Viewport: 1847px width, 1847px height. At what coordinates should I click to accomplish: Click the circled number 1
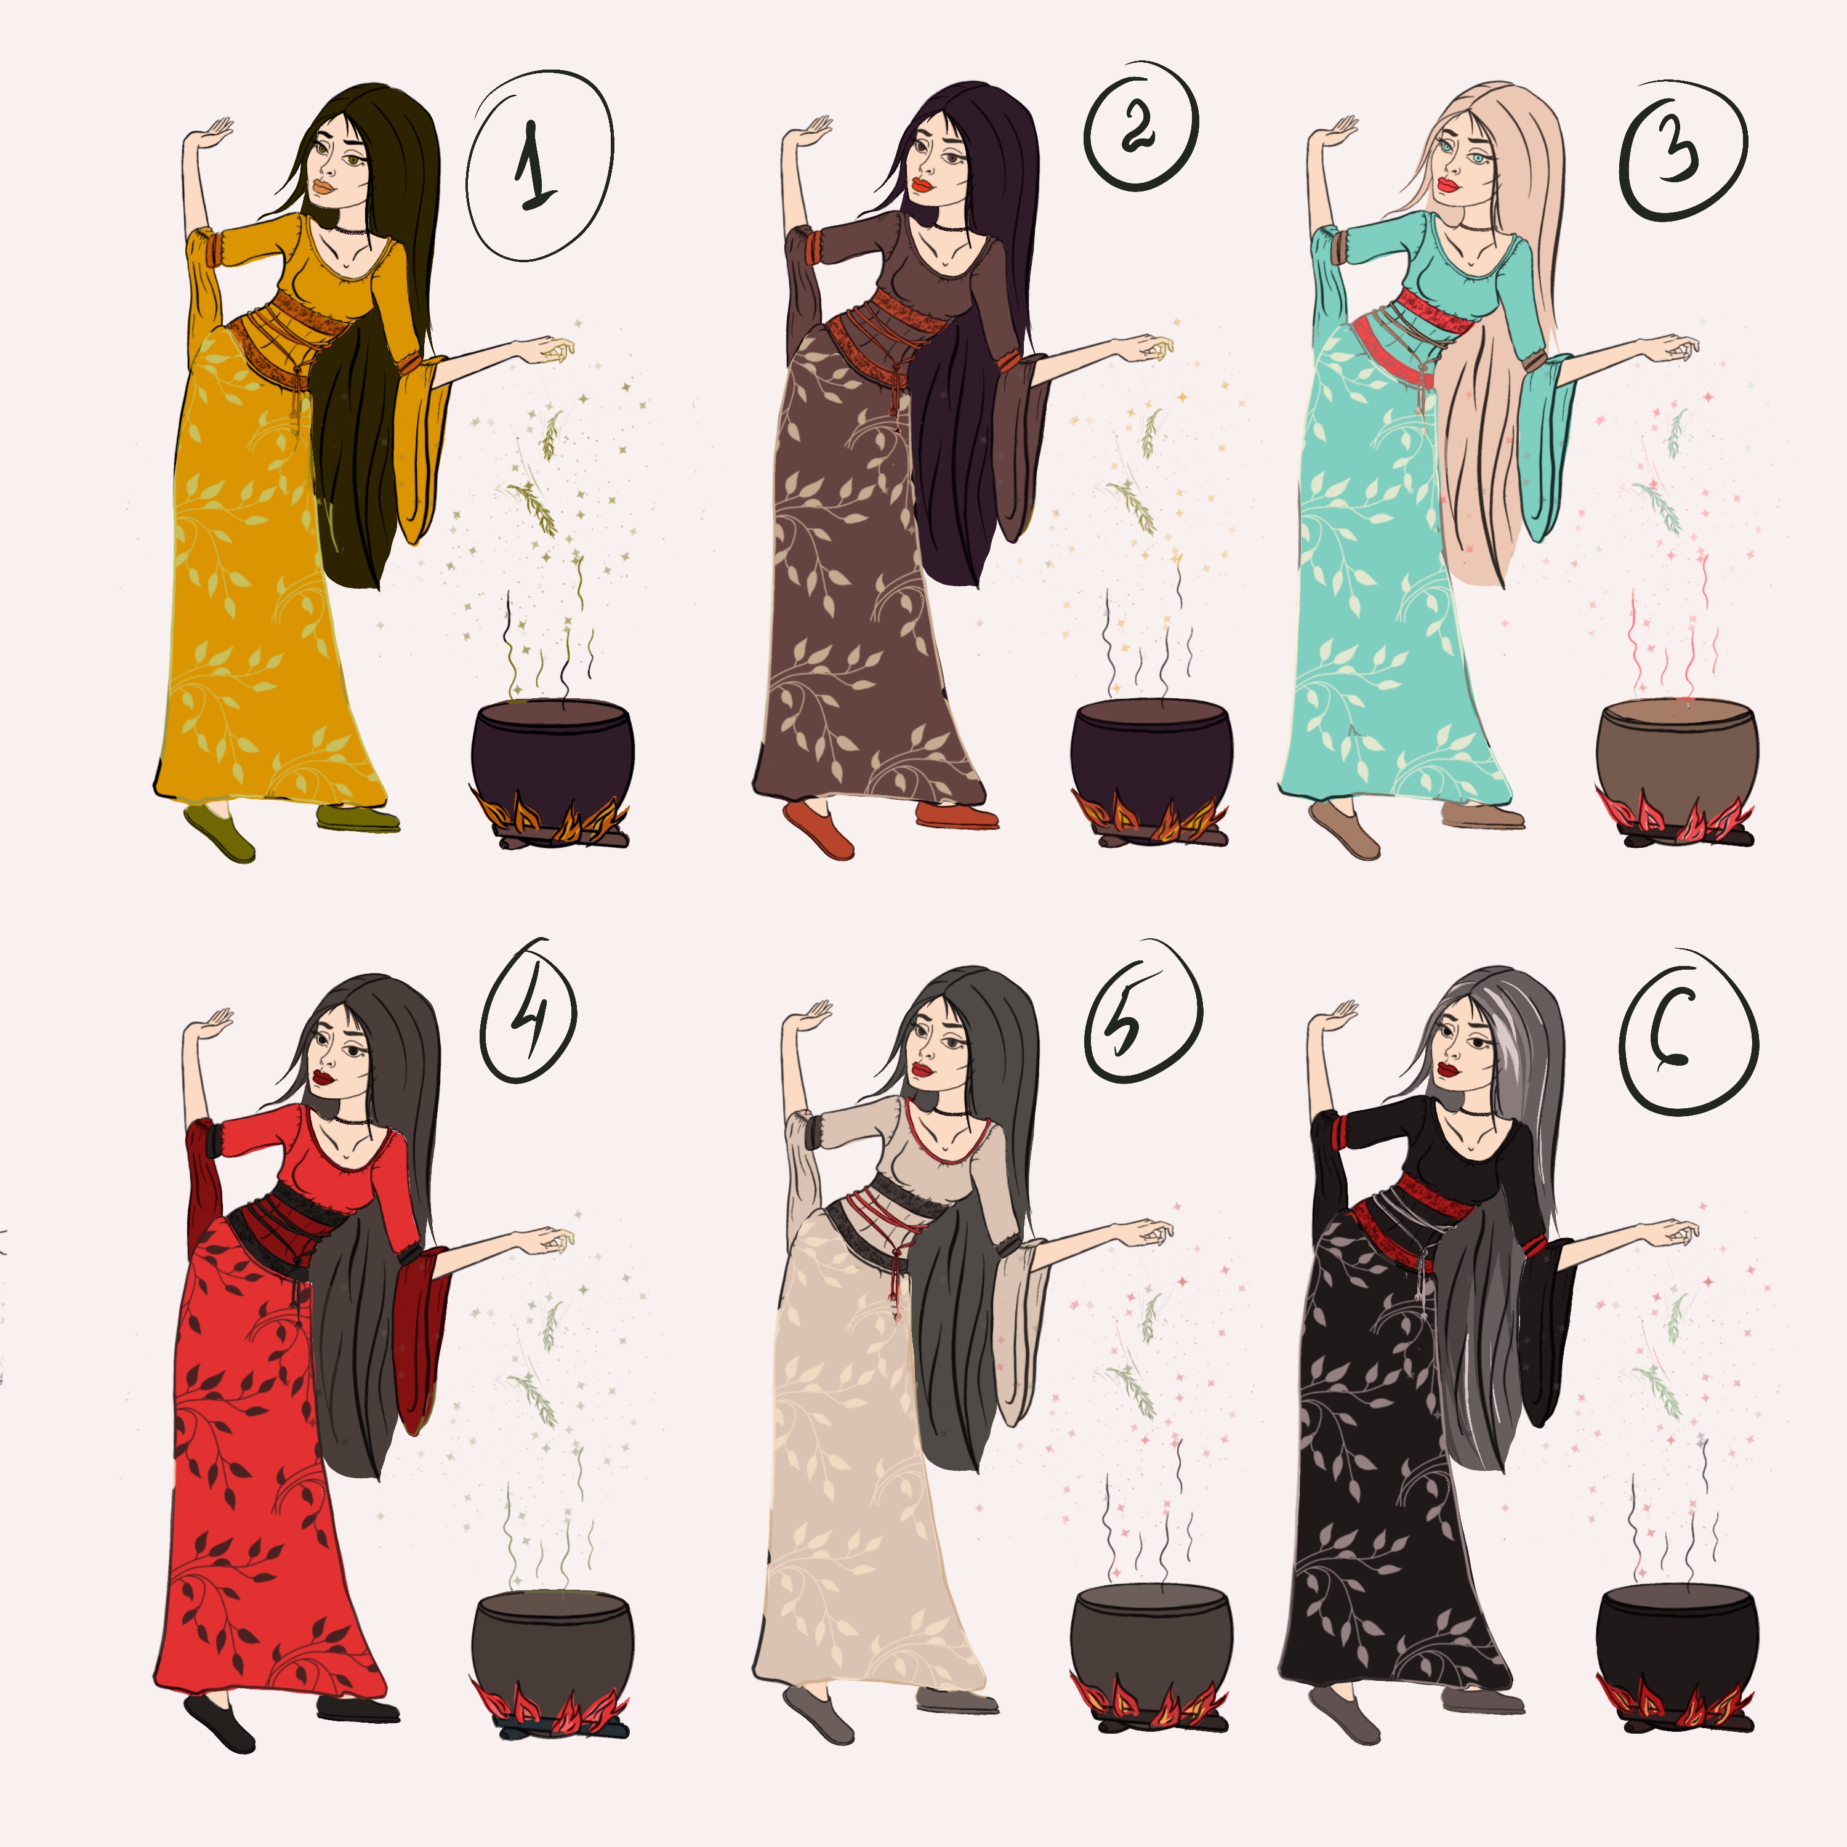[x=539, y=164]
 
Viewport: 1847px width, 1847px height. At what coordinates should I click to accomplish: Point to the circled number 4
[x=529, y=1012]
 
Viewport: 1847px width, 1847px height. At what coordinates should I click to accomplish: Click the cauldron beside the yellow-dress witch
[x=553, y=756]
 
